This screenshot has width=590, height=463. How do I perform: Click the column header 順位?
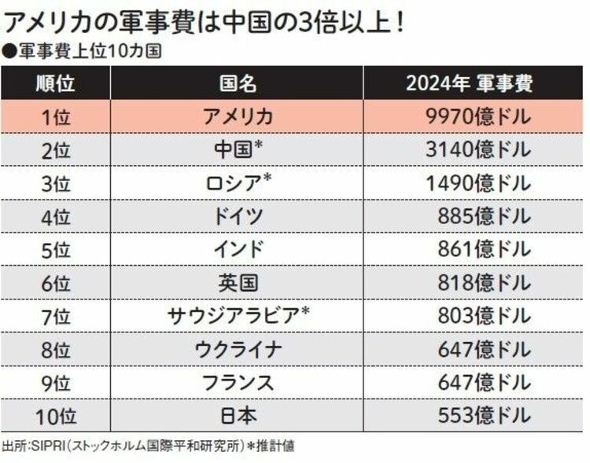tap(55, 83)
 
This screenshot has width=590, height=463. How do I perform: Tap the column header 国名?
tap(237, 83)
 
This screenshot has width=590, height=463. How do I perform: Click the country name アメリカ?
tap(237, 117)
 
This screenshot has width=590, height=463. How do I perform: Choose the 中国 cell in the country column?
tap(237, 150)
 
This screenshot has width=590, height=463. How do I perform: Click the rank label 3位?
tap(55, 183)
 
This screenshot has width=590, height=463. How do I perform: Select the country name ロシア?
tap(237, 183)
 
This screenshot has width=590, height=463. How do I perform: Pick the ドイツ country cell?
tap(237, 216)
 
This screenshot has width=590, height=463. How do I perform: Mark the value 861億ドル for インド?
tap(485, 249)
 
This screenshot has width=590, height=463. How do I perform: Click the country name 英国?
tap(237, 283)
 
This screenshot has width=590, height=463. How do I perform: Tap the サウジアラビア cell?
tap(237, 316)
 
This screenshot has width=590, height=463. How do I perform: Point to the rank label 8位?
tap(55, 349)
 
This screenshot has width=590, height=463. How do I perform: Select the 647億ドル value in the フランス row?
tap(485, 382)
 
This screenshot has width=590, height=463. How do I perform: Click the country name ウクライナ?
tap(237, 349)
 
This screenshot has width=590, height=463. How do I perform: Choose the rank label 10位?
tap(55, 415)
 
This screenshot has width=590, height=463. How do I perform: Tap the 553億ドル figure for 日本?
tap(485, 415)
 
